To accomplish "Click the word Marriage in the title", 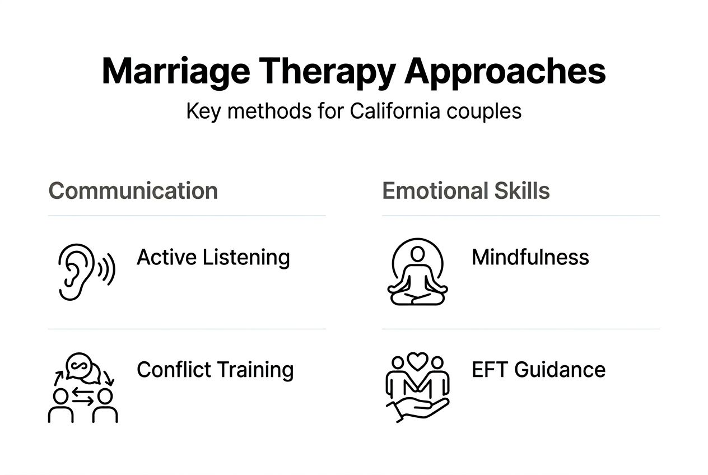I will click(175, 71).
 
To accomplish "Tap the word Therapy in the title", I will click(327, 71).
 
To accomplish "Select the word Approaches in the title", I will click(505, 71).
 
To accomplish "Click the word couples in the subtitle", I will click(484, 111).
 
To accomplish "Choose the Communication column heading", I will click(133, 191).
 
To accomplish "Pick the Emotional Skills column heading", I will click(465, 191).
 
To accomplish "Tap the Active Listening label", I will click(213, 258).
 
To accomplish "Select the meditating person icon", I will click(417, 272).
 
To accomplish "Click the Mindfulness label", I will click(530, 258).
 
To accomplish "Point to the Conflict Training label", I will click(215, 370).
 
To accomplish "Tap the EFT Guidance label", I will click(538, 370).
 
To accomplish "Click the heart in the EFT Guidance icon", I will click(417, 361).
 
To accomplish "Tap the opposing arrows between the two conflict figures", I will click(83, 397).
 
